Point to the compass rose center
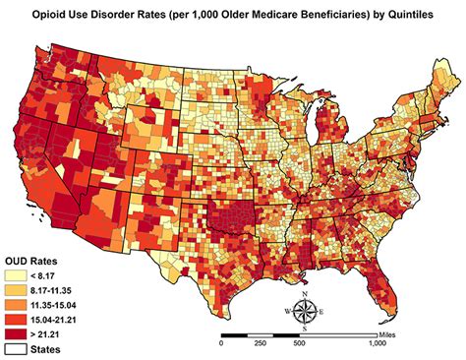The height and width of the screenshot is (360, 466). (307, 312)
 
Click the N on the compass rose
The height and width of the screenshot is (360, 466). (307, 294)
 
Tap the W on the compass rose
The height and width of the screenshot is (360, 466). (288, 313)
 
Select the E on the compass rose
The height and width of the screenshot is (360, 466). (325, 313)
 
